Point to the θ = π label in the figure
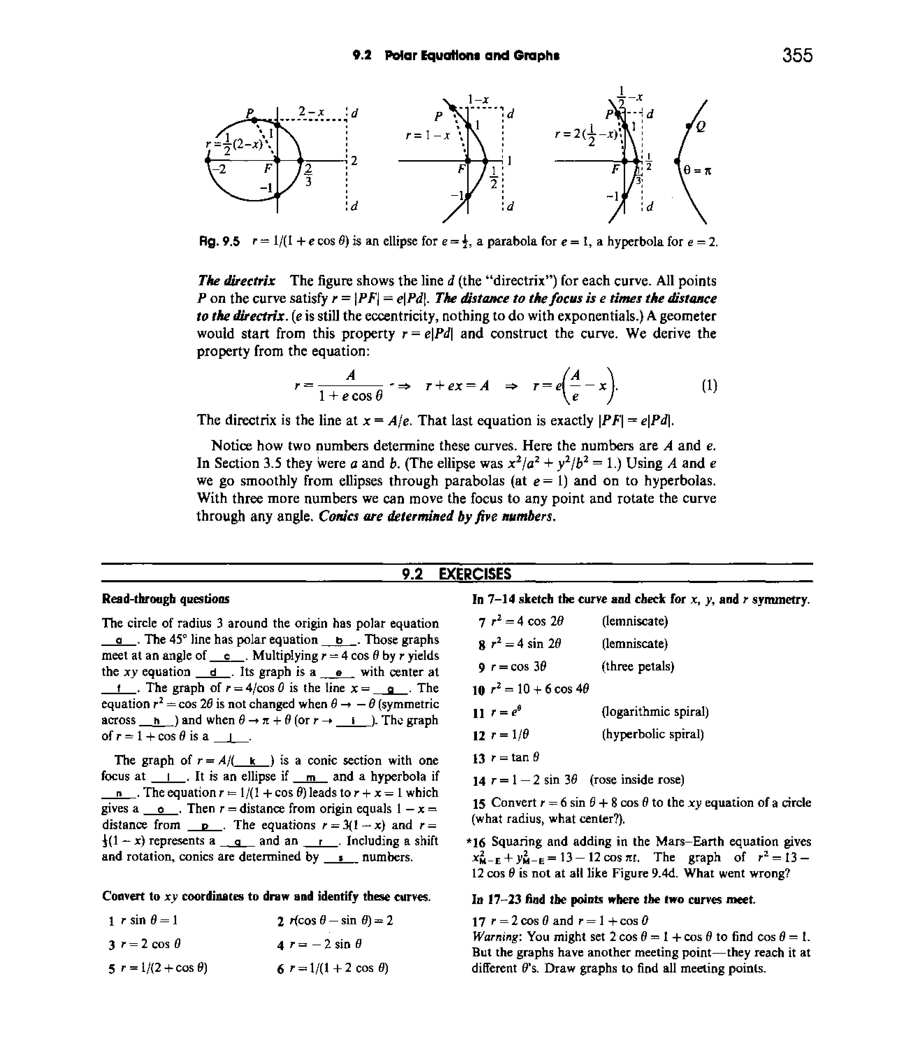pos(697,171)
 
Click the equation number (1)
pos(709,386)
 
